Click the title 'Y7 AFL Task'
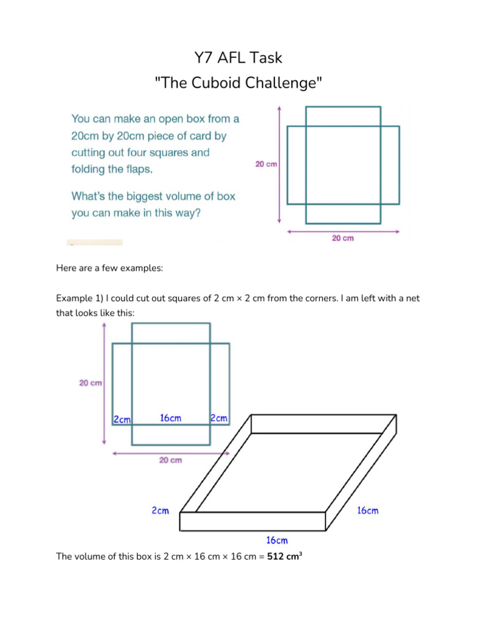(238, 58)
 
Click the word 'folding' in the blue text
(91, 169)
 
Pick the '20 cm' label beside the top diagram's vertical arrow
(266, 165)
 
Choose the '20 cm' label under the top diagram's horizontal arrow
(342, 238)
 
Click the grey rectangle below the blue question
(94, 242)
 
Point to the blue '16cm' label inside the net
(171, 418)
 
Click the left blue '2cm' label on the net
(122, 419)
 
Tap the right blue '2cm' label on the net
(219, 418)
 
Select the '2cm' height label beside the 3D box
(160, 511)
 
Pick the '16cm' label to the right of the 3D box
(367, 511)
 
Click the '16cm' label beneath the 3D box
(276, 540)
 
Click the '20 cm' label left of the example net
(91, 383)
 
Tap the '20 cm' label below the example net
(171, 460)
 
